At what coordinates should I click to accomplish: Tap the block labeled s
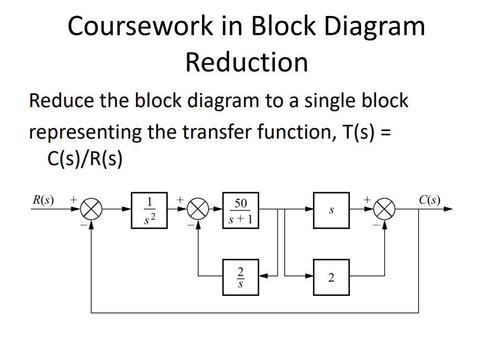(331, 210)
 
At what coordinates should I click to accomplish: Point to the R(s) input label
(44, 200)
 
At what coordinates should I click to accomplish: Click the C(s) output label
(429, 200)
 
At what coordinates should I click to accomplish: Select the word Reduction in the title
(247, 62)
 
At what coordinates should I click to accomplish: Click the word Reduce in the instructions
(61, 101)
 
